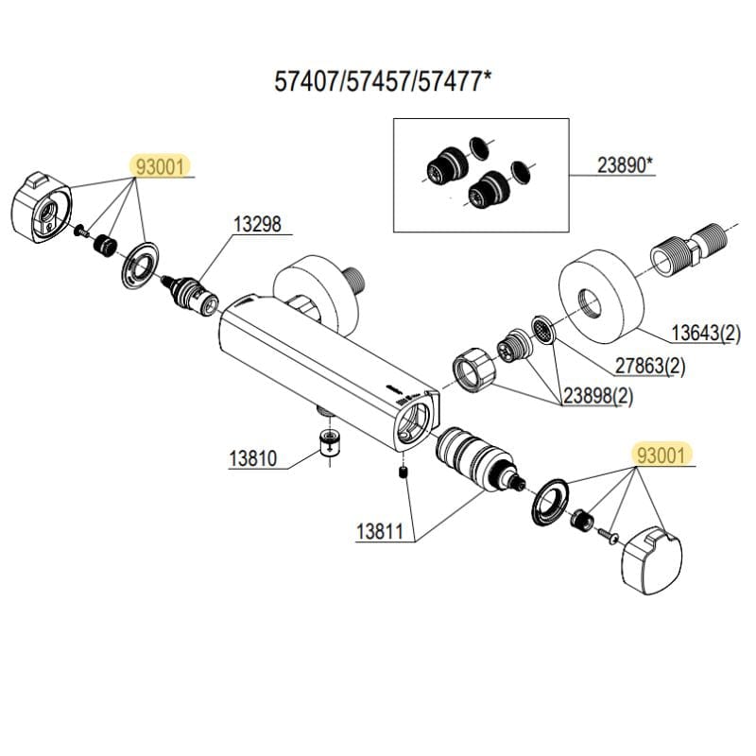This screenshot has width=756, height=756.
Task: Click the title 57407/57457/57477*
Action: coord(384,82)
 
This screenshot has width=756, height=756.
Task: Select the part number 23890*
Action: coord(625,163)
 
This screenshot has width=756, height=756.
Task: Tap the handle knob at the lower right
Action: coord(655,563)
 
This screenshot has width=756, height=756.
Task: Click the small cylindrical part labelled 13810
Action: coord(330,442)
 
